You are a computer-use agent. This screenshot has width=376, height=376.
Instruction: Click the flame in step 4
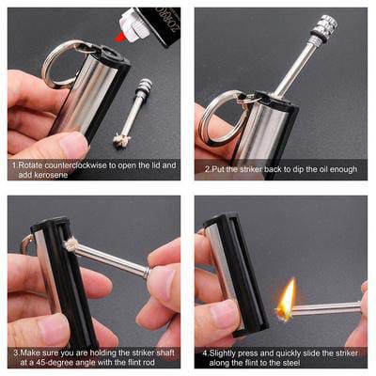click(286, 298)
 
